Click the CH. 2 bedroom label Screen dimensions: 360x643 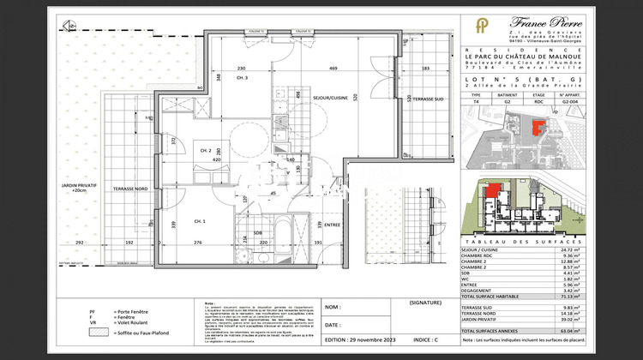(x=205, y=150)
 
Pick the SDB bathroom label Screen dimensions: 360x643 (x=258, y=234)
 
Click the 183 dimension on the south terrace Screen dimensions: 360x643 (x=424, y=69)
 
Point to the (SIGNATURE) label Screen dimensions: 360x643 (x=425, y=303)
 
